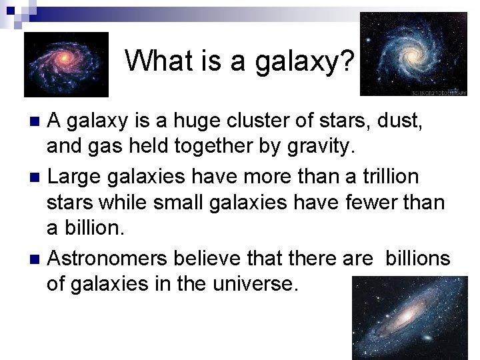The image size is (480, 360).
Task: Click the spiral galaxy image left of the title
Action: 65,64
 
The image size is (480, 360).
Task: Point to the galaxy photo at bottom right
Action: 411,317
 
